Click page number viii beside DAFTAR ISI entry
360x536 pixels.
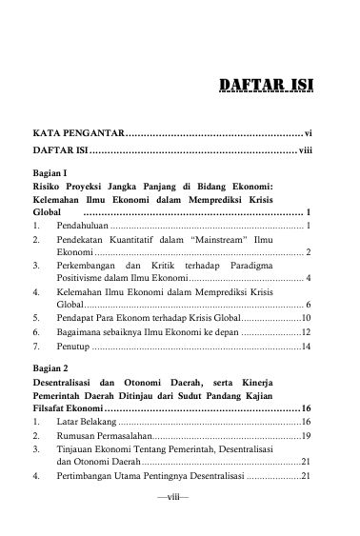coord(306,151)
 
